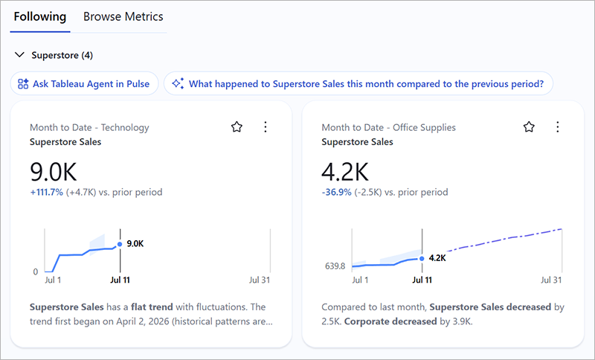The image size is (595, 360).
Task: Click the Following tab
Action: coord(40,16)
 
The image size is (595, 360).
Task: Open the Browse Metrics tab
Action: coord(123,16)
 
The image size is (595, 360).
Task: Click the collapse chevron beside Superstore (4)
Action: coord(19,55)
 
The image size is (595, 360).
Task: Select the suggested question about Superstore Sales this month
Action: coord(358,83)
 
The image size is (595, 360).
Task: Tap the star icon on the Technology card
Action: coord(237,126)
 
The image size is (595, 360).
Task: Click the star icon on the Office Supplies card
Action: coord(529,126)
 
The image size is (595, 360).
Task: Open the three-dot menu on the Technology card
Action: coord(266,126)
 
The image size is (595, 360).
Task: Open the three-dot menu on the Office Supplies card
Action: coord(557,126)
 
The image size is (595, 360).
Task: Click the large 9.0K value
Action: coord(54,172)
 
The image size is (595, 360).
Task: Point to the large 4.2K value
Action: coord(345,172)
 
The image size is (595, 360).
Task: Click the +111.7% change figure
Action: coord(47,193)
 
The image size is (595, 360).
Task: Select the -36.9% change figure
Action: coord(337,193)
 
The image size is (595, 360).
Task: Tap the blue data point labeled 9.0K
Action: coord(120,244)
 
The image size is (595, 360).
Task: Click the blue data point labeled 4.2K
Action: coord(422,259)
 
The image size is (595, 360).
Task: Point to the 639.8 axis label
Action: coord(335,266)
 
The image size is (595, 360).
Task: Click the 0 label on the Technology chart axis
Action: coord(36,271)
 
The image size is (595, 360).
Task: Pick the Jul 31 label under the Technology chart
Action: coord(260,280)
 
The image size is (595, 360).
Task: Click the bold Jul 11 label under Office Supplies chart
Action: coord(422,280)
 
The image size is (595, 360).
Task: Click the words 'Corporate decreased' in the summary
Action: coord(390,321)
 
